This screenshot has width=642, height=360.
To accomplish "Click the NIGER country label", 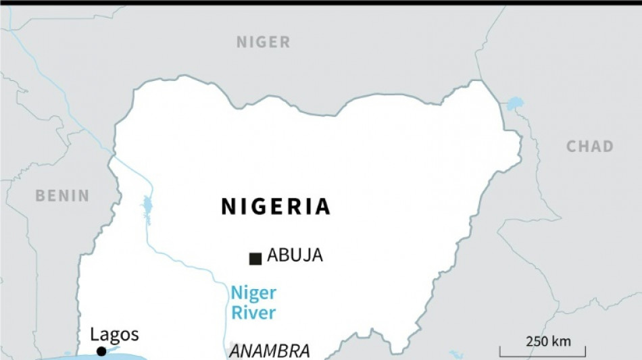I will (x=263, y=43).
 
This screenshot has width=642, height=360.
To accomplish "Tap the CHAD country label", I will (x=589, y=147).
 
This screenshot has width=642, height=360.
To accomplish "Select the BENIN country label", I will (x=62, y=196).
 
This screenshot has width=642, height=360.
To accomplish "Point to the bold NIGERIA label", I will (x=276, y=207).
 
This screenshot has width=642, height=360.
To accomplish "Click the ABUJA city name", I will (x=295, y=255).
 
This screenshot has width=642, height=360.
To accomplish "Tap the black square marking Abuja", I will (x=255, y=258).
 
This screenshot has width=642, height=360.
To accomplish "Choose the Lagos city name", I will (x=114, y=334).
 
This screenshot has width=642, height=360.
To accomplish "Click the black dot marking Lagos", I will (x=101, y=351).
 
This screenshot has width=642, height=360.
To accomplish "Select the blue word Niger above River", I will (x=253, y=293).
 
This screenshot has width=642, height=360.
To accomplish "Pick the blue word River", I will (x=253, y=313).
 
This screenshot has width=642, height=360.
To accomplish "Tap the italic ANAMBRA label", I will (x=270, y=351).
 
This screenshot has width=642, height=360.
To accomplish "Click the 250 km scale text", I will (x=548, y=342).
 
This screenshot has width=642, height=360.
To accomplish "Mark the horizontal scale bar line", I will (x=543, y=353).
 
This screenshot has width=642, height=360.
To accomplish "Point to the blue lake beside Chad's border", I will (x=515, y=103).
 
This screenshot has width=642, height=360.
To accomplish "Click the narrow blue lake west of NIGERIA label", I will (x=147, y=207).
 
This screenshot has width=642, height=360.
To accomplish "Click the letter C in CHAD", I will (x=571, y=147).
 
